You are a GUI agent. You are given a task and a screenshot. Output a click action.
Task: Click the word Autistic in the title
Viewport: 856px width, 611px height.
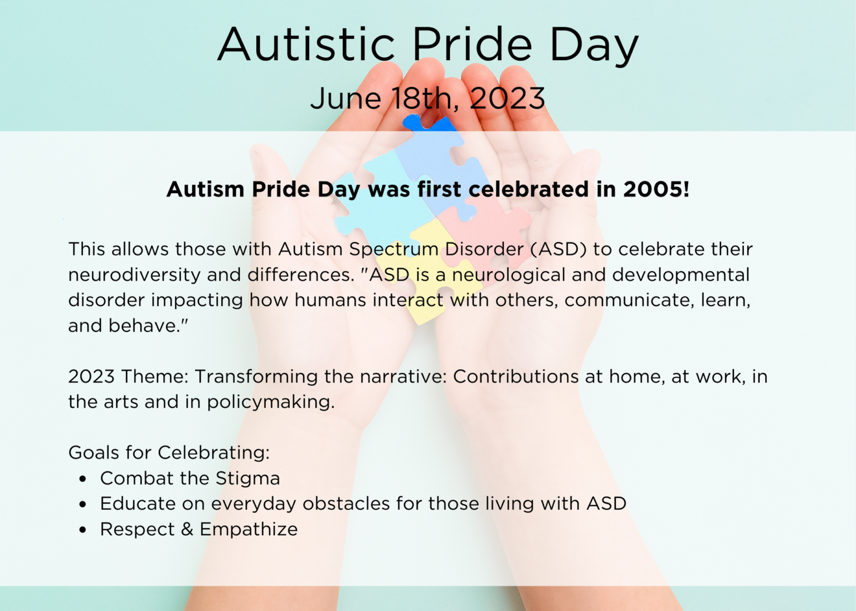pos(306,44)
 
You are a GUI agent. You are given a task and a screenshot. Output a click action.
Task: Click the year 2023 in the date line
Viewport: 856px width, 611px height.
pos(507,98)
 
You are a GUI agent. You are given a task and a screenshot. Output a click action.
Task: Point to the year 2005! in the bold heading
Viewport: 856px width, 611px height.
pos(656,189)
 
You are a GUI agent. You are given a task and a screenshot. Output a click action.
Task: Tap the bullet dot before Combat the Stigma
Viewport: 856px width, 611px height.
pos(82,479)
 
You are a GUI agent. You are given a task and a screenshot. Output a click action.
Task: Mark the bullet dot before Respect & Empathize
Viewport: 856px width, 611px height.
pos(82,530)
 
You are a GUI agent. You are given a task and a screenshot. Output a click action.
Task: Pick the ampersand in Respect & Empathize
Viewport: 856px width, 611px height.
pos(187,529)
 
